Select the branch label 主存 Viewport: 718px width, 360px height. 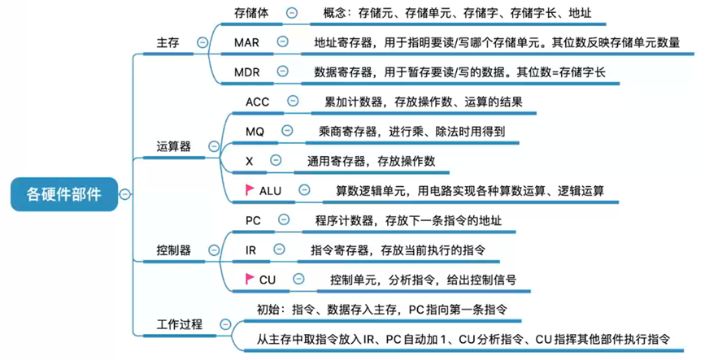click(x=168, y=41)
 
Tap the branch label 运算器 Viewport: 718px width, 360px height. click(x=173, y=146)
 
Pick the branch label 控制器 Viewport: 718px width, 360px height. click(x=173, y=250)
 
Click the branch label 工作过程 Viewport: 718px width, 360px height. click(x=179, y=323)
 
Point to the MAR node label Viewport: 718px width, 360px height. click(x=246, y=41)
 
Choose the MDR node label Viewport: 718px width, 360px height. click(x=246, y=72)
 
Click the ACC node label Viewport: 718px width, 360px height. click(x=257, y=102)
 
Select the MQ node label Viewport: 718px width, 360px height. click(x=255, y=131)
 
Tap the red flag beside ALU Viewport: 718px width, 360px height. click(x=250, y=189)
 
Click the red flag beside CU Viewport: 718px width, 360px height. click(x=250, y=278)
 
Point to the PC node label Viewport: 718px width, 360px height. click(x=253, y=219)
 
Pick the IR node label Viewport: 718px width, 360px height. click(x=250, y=250)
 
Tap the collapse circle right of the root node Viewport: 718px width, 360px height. click(x=124, y=194)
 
